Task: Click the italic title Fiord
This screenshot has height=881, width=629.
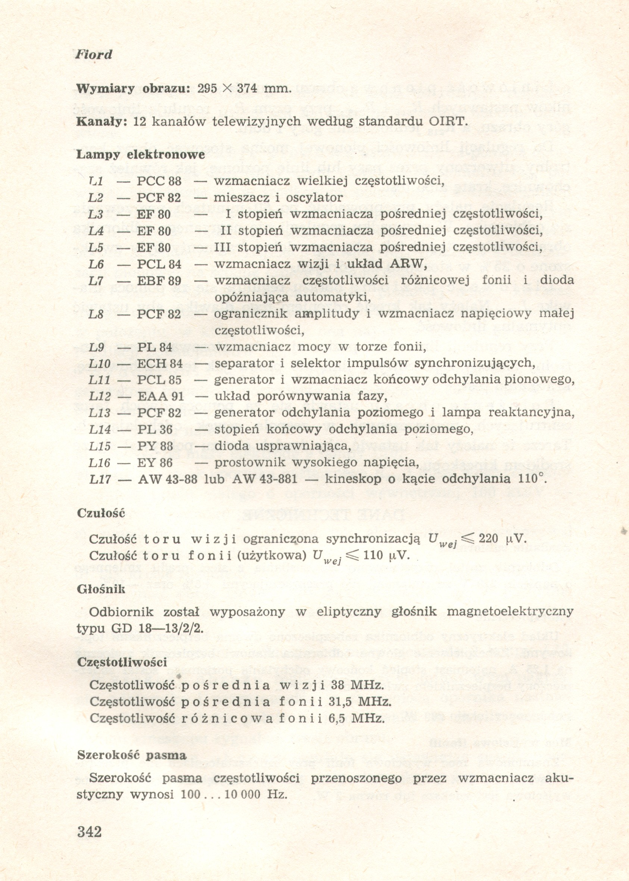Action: [x=93, y=54]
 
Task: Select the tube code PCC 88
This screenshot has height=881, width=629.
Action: [x=159, y=181]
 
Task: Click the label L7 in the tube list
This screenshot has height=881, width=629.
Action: [x=96, y=281]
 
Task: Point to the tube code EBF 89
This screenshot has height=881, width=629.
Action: [x=159, y=281]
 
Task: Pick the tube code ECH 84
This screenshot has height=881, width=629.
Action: [x=160, y=364]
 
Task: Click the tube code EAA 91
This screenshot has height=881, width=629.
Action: [x=161, y=397]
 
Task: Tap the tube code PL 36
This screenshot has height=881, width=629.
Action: [x=155, y=430]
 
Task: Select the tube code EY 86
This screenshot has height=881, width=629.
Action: [x=155, y=463]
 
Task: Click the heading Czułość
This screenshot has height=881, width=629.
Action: [x=101, y=513]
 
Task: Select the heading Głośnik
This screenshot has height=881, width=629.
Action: [x=101, y=589]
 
